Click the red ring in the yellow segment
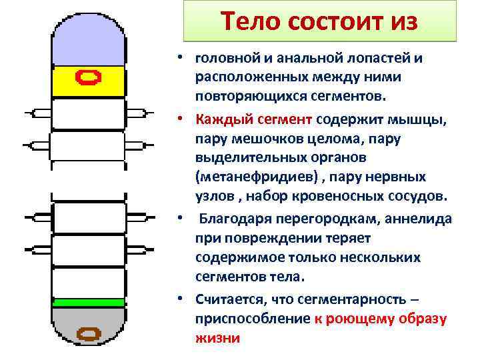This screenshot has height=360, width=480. click(89, 78)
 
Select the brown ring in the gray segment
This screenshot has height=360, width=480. click(89, 333)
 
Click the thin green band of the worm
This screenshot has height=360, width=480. click(89, 303)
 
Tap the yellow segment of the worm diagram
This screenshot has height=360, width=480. click(67, 80)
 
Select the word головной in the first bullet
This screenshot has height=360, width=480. click(225, 59)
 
